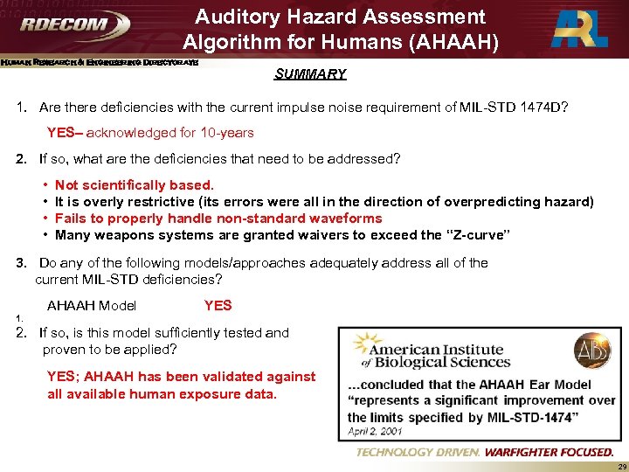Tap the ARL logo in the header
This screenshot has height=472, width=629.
(x=577, y=30)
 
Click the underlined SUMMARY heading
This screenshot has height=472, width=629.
(x=310, y=74)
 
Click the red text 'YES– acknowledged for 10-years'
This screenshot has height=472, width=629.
(x=150, y=133)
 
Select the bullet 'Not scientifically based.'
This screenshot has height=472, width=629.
(x=134, y=185)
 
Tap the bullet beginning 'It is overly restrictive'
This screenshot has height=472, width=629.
(x=323, y=202)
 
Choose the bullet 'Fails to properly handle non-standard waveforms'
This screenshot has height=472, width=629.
(x=218, y=219)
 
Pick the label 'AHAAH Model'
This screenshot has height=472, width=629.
(x=92, y=305)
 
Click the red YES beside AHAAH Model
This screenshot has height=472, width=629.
(x=218, y=305)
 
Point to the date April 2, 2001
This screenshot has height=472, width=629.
(x=375, y=431)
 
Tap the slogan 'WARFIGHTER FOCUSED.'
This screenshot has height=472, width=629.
(x=549, y=452)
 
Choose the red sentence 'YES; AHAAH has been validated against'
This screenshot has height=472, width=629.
(x=181, y=377)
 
